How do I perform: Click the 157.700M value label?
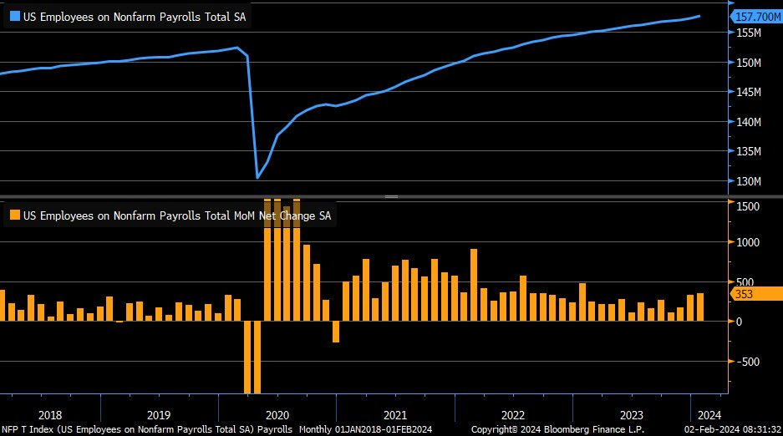tap(756, 16)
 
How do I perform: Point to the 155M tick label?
tap(748, 33)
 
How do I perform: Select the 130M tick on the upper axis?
tap(748, 181)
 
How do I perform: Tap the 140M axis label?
tap(748, 122)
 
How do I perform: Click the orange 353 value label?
tap(744, 293)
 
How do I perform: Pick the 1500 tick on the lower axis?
tap(748, 206)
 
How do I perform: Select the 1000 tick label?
tap(748, 242)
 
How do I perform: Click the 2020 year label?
tap(276, 414)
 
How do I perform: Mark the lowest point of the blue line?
tap(257, 177)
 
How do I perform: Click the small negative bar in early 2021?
tap(336, 332)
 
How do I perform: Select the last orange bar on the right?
tap(699, 307)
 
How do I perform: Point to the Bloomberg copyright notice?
tap(557, 429)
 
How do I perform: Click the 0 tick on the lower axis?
tap(739, 322)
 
